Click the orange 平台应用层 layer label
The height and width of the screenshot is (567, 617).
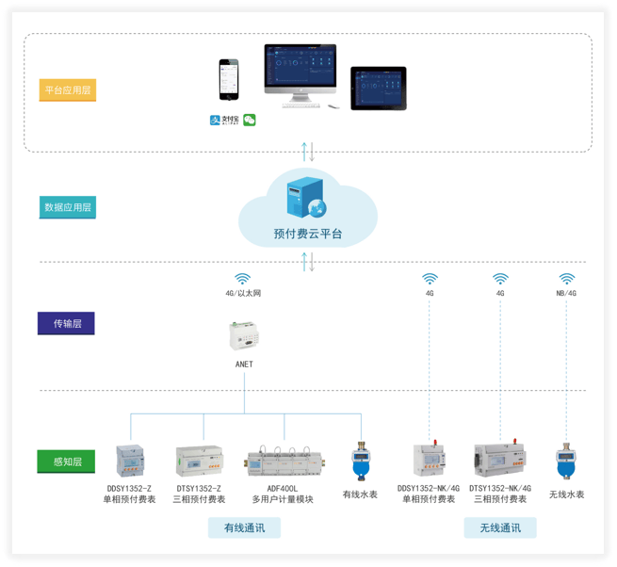click(68, 90)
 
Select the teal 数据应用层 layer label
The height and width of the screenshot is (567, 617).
click(68, 207)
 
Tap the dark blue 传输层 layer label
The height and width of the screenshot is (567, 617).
click(66, 324)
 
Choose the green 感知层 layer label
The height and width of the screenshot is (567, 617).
click(66, 462)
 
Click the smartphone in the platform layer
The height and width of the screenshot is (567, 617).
click(229, 80)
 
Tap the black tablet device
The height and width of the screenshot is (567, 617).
click(378, 89)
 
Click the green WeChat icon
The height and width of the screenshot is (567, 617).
click(250, 121)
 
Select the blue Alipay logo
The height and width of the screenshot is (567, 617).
click(224, 121)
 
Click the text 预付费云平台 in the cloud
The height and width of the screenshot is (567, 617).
click(308, 233)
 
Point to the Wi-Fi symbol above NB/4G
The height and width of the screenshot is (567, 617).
click(566, 279)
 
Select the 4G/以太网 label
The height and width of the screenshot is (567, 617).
click(243, 294)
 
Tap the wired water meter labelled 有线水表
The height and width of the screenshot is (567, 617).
click(360, 462)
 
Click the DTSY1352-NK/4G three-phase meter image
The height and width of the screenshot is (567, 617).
click(500, 460)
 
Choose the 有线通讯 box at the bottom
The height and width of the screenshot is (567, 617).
click(244, 527)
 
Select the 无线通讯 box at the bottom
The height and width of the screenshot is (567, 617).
click(499, 527)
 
